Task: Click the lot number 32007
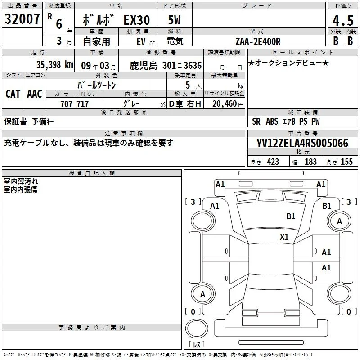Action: click(x=22, y=19)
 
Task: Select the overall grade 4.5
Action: click(x=343, y=21)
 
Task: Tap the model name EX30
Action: click(x=137, y=20)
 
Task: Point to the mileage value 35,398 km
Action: click(x=54, y=65)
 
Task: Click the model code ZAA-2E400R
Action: click(x=258, y=41)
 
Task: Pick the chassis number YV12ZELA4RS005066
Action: click(x=302, y=143)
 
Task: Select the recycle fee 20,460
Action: click(x=224, y=104)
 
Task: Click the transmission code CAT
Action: click(x=13, y=94)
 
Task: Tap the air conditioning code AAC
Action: click(x=35, y=94)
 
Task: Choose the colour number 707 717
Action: click(x=75, y=104)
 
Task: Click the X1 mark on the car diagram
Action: click(x=284, y=237)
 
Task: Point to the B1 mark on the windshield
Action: click(x=291, y=216)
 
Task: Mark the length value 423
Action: click(x=273, y=162)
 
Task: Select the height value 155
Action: click(x=346, y=162)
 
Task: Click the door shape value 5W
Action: click(x=174, y=20)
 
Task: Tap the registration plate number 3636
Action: click(x=193, y=65)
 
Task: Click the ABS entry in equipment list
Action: click(x=272, y=121)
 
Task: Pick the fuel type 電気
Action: click(x=175, y=41)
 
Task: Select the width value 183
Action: click(x=310, y=162)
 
